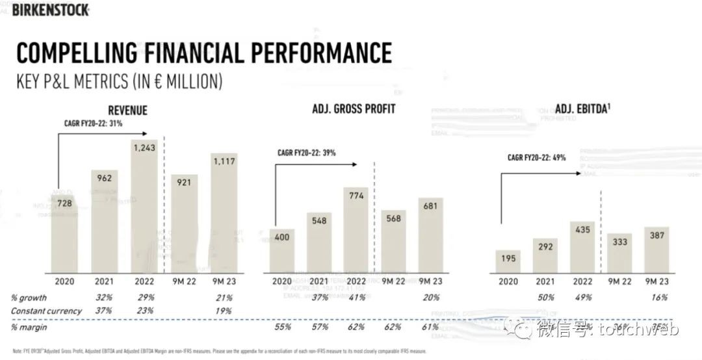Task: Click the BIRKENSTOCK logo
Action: click(x=50, y=9)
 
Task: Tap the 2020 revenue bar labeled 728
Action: click(x=64, y=234)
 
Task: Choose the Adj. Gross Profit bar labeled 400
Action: click(x=281, y=250)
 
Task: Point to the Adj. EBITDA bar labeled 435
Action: click(x=582, y=247)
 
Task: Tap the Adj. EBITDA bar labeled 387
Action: click(x=656, y=250)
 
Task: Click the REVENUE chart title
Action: click(x=127, y=110)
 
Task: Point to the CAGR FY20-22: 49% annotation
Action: click(x=537, y=157)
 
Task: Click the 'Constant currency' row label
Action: click(x=46, y=311)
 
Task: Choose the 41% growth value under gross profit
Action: click(x=356, y=297)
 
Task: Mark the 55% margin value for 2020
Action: click(x=281, y=327)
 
